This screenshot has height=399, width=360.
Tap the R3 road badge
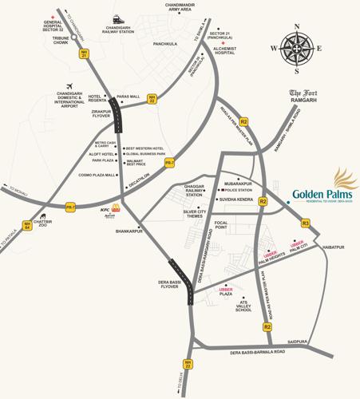[305, 223]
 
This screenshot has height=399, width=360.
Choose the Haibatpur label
[336, 248]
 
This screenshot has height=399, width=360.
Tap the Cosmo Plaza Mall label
[98, 175]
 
